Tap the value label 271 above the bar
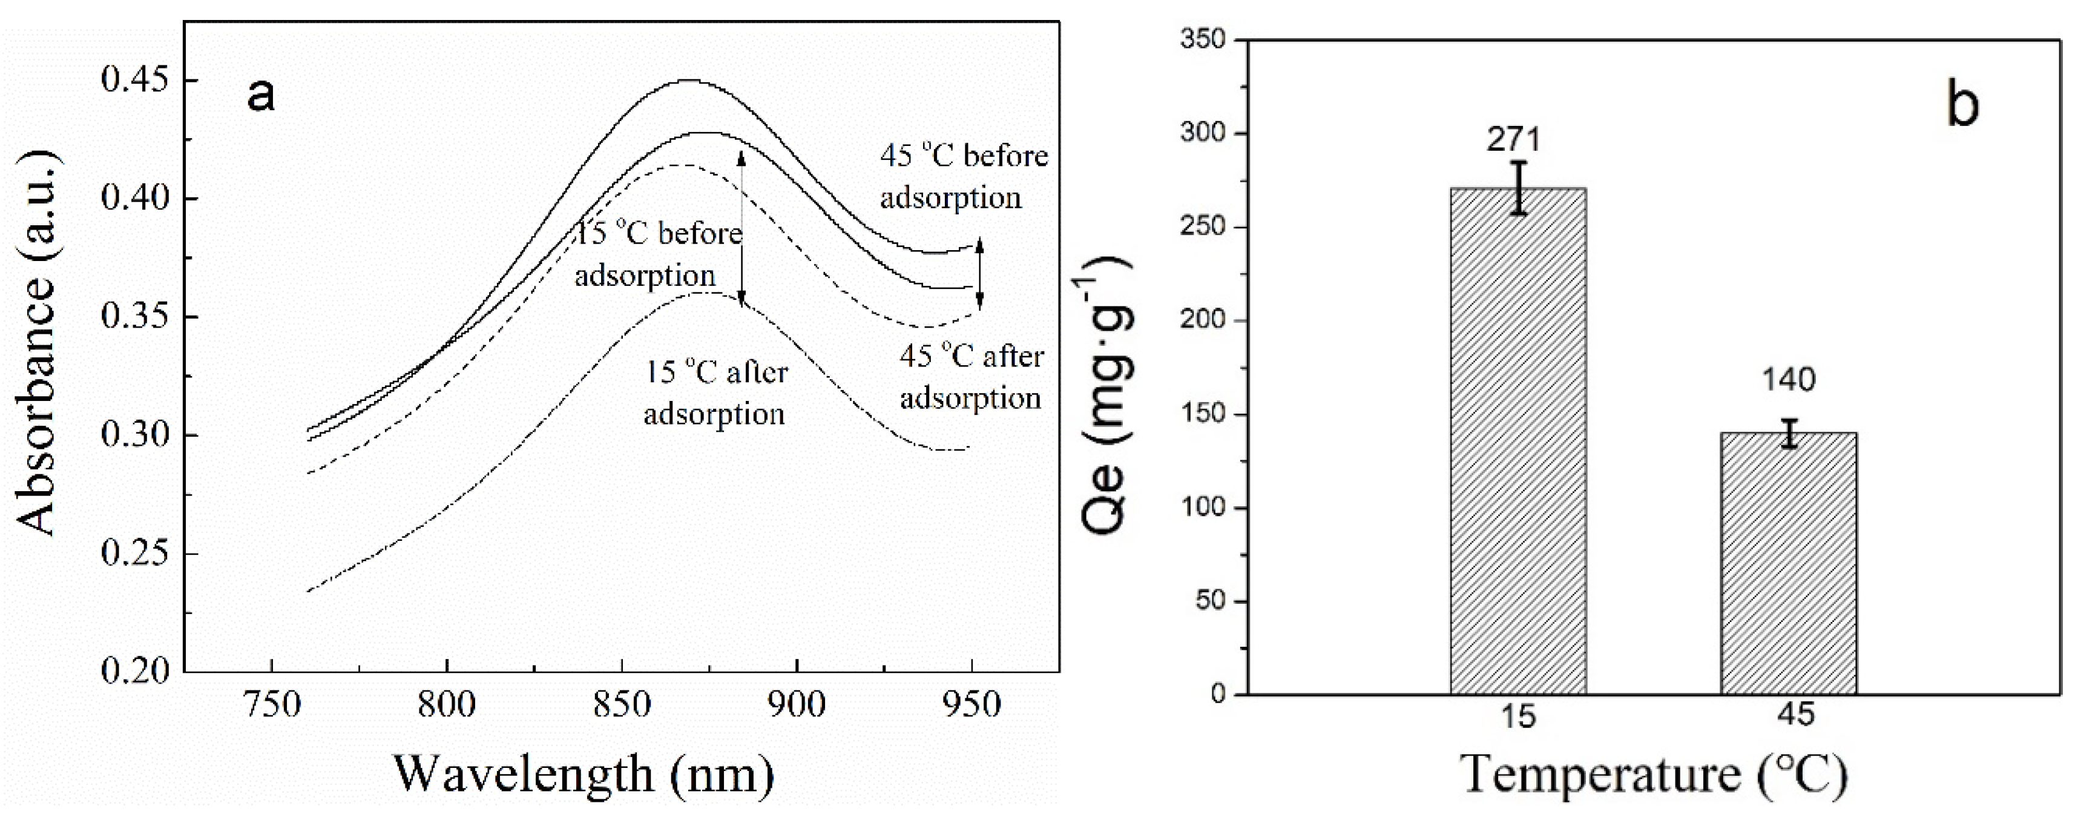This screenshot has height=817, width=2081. click(1513, 140)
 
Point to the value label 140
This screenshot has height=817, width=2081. click(1788, 379)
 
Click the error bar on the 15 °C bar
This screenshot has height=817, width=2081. click(1519, 188)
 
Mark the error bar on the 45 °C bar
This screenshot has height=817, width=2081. click(1789, 433)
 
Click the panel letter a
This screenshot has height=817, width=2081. click(260, 95)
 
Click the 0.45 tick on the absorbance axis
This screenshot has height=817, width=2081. click(136, 81)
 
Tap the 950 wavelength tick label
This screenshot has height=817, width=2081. click(972, 705)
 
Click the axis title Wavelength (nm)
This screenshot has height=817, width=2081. click(584, 773)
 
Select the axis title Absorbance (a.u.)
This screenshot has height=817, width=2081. click(37, 343)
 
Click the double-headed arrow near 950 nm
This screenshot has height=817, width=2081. click(980, 274)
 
